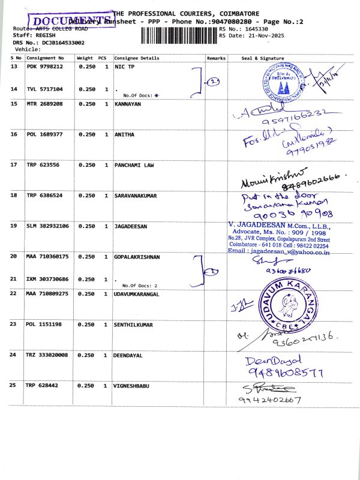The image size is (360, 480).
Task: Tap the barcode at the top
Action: point(179,32)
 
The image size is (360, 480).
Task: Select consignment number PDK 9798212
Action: point(44,67)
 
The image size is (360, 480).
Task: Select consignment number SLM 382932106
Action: point(48,226)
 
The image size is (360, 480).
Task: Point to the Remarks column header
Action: point(216,58)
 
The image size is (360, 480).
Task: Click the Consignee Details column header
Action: point(137,58)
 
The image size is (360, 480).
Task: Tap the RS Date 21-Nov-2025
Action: point(252,36)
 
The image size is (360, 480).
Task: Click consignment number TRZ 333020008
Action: point(47,355)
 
